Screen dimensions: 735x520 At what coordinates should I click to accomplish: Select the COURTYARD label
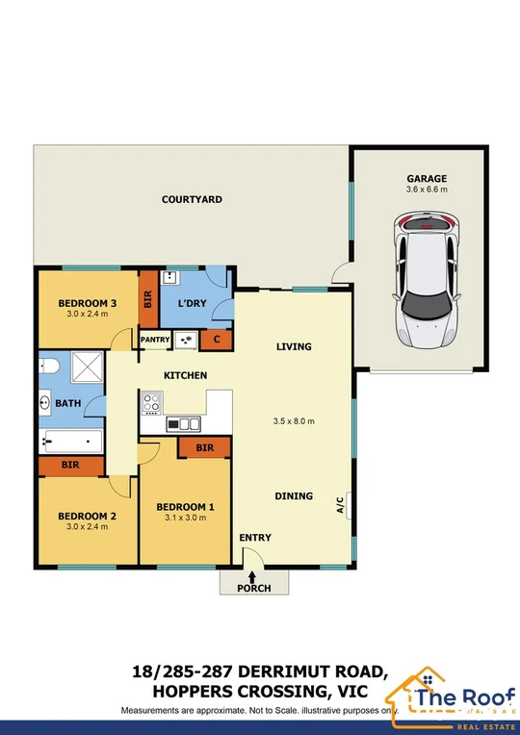coord(192,199)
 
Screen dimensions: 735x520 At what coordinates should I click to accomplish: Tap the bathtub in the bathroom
coord(71,443)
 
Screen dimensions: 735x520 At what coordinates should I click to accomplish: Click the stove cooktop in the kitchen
coord(152,401)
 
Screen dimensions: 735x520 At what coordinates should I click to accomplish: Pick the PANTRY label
coord(155,340)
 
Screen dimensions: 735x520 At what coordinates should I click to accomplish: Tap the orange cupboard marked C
coord(216,339)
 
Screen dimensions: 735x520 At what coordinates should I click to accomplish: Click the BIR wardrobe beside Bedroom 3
coord(147,300)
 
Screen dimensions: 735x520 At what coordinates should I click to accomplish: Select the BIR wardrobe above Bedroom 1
coord(204,447)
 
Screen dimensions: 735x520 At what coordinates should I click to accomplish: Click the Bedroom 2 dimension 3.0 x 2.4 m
coord(87,529)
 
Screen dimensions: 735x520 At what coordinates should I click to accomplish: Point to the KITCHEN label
coord(186,374)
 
